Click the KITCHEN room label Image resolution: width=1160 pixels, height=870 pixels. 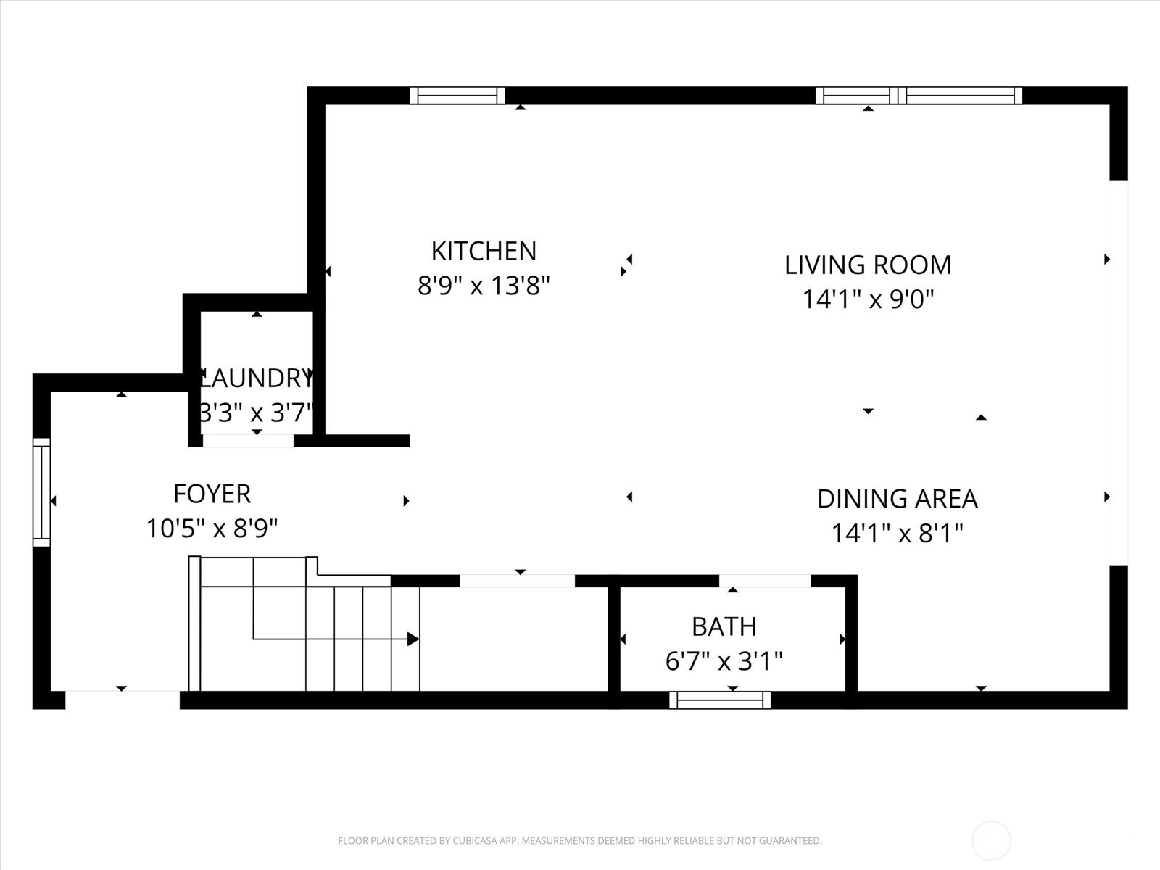484,251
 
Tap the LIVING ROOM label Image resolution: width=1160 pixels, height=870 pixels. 868,265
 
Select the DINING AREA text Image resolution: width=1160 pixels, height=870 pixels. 898,499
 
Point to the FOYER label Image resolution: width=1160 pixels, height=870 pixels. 212,494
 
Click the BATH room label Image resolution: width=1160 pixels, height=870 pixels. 724,627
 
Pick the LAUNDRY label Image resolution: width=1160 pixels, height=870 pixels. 257,378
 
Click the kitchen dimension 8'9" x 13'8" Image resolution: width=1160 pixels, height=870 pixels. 484,286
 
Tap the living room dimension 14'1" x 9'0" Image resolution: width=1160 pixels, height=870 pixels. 868,299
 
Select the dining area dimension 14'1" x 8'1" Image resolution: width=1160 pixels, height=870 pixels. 898,533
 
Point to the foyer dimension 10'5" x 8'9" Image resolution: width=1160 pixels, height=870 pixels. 212,529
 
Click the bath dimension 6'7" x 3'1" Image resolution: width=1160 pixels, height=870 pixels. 724,660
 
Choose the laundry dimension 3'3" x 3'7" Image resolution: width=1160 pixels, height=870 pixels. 257,413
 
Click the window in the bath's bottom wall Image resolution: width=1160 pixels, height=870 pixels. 720,700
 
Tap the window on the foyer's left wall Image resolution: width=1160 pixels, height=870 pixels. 42,492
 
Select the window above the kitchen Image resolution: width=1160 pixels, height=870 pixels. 457,96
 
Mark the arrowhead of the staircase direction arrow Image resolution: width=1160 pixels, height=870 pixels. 413,639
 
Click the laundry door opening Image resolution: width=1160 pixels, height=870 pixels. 249,441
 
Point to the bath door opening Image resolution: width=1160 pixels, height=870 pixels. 765,581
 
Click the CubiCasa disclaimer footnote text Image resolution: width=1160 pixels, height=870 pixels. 580,840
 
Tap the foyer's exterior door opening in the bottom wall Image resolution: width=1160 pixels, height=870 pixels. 123,700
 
